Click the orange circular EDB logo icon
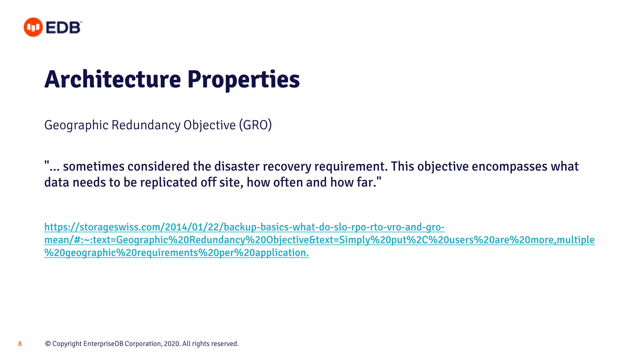pos(33,27)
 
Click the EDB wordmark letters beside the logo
pos(63,27)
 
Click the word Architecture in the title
pos(112,79)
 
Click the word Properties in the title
pos(243,80)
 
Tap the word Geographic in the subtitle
pos(76,125)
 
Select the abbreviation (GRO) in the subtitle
pos(255,125)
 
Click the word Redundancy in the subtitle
pos(146,125)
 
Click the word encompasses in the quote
pos(509,166)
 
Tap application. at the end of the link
pos(282,253)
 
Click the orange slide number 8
pos(20,344)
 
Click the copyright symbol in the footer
pos(48,344)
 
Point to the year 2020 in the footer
pos(172,344)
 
